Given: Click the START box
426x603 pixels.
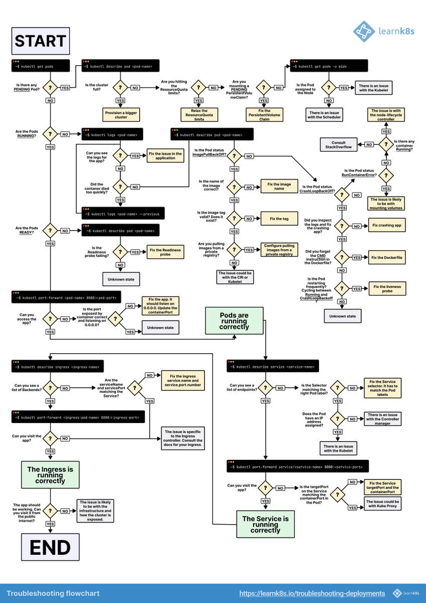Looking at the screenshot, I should click(40, 41).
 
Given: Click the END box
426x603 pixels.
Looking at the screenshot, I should click(50, 547).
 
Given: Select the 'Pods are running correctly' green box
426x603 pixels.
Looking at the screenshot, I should click(234, 321).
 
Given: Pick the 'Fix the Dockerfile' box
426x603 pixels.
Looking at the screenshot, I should click(387, 257).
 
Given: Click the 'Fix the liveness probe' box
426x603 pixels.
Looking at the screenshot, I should click(387, 288).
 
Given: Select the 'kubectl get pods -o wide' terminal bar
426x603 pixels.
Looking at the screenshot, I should click(329, 66).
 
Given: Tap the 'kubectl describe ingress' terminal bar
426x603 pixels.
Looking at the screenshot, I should click(58, 366).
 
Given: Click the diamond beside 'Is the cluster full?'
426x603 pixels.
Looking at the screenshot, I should click(120, 87).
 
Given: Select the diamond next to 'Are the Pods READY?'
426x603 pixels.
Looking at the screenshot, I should click(50, 231).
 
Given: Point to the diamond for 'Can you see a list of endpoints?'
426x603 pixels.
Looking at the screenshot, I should click(265, 388).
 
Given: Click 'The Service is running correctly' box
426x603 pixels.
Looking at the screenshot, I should click(265, 524).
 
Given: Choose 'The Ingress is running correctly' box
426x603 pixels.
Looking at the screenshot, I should click(50, 474).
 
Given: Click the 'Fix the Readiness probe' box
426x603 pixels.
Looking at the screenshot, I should click(165, 252).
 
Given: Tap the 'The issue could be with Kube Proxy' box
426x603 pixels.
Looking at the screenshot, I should click(383, 504).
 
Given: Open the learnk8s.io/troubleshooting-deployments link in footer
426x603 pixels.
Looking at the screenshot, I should click(312, 593).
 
